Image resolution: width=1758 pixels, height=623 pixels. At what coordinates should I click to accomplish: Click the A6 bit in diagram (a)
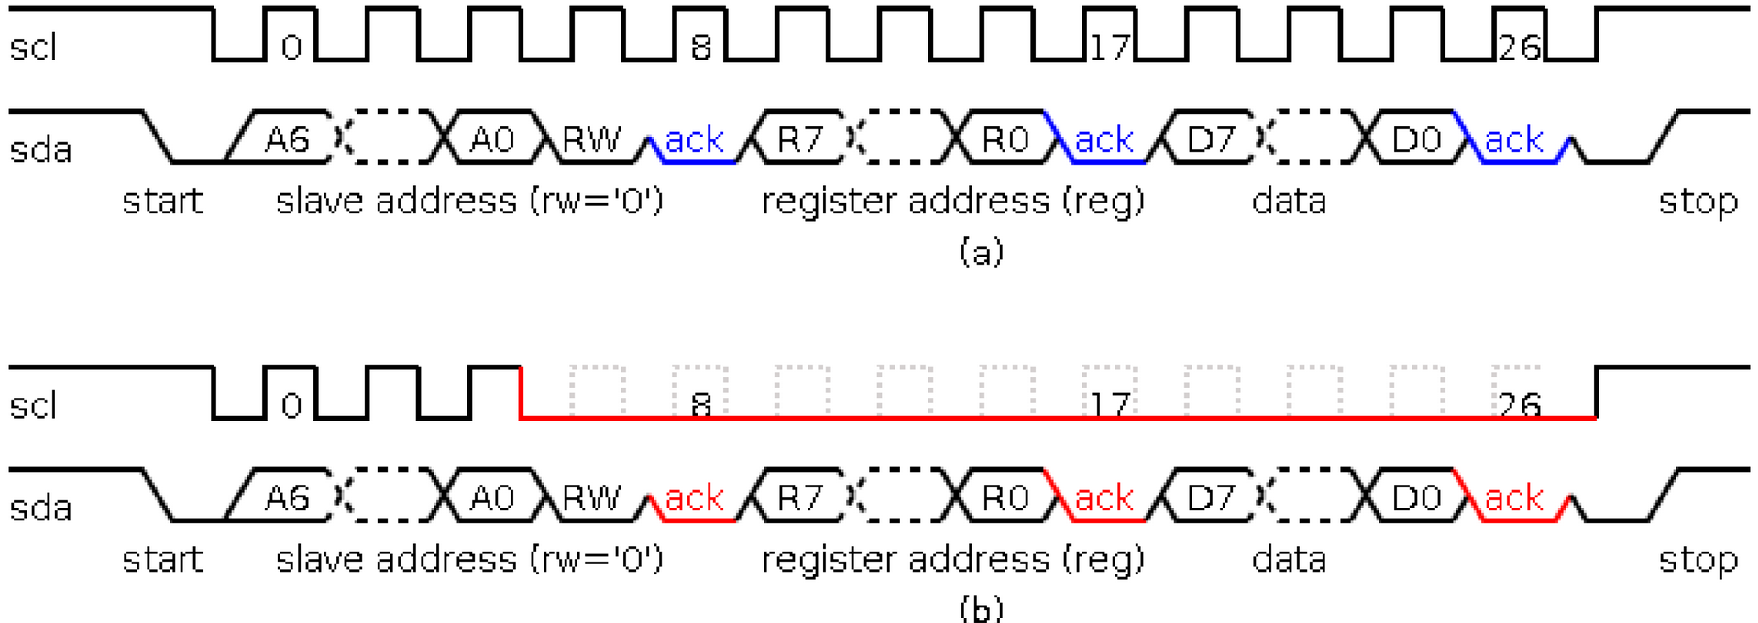point(287,139)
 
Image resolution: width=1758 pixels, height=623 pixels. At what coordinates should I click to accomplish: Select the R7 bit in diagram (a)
point(799,139)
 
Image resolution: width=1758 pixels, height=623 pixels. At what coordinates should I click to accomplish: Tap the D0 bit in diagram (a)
point(1416,139)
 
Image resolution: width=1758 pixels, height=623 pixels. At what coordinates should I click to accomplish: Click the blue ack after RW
point(695,140)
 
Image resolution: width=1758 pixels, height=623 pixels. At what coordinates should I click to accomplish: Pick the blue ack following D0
point(1514,140)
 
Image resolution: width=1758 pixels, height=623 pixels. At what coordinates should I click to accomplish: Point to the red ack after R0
point(1104,498)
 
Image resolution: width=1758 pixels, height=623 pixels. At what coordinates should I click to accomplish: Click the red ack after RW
point(695,498)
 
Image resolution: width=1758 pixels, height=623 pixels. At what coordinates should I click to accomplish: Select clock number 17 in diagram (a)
point(1109,47)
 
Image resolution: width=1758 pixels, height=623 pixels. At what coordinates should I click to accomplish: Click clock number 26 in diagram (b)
point(1519,405)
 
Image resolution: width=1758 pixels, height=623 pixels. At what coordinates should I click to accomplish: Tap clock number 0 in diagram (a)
point(291,47)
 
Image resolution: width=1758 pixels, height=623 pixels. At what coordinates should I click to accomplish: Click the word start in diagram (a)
point(162,201)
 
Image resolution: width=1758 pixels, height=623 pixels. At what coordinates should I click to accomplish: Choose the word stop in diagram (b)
point(1698,559)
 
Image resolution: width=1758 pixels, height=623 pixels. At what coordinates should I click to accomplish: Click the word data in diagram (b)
point(1289,559)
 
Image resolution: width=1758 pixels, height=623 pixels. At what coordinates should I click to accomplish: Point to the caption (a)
point(981,251)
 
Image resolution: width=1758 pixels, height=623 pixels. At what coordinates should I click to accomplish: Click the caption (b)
point(981,608)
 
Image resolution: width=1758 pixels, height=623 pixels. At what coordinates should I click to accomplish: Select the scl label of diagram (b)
point(33,405)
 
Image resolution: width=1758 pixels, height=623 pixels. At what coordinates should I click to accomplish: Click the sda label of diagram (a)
point(40,149)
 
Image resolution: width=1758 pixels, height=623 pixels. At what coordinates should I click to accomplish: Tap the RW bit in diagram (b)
point(591,498)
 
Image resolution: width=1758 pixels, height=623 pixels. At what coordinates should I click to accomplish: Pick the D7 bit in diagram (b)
point(1211,498)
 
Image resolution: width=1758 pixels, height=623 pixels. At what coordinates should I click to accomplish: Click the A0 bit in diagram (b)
point(492,498)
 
